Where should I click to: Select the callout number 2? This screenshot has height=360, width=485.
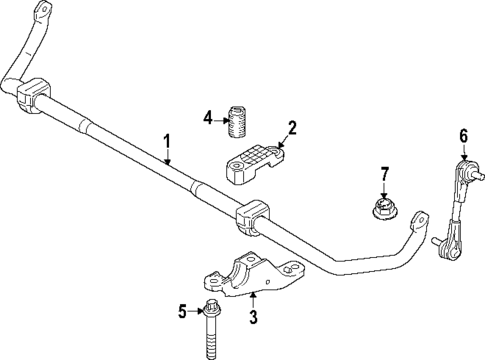pyautogui.click(x=292, y=127)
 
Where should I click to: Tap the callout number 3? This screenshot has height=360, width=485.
pyautogui.click(x=252, y=318)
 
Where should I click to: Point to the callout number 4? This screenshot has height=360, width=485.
pyautogui.click(x=207, y=117)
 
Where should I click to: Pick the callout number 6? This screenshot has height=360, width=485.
pyautogui.click(x=463, y=136)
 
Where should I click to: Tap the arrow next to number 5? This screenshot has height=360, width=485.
pyautogui.click(x=197, y=312)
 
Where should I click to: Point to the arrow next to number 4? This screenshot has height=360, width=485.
pyautogui.click(x=220, y=117)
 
